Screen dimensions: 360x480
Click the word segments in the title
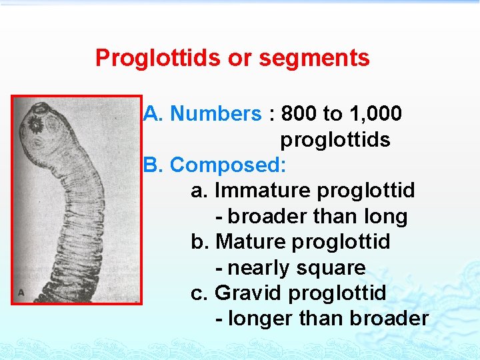(x=314, y=58)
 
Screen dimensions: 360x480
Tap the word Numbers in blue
(x=216, y=114)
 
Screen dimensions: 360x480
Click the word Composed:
(x=229, y=165)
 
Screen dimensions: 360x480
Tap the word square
(x=333, y=268)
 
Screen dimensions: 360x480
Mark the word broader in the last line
(x=389, y=319)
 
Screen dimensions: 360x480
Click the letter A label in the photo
(x=21, y=293)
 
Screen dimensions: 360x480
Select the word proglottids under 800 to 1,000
(x=335, y=140)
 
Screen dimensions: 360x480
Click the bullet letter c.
(x=197, y=293)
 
